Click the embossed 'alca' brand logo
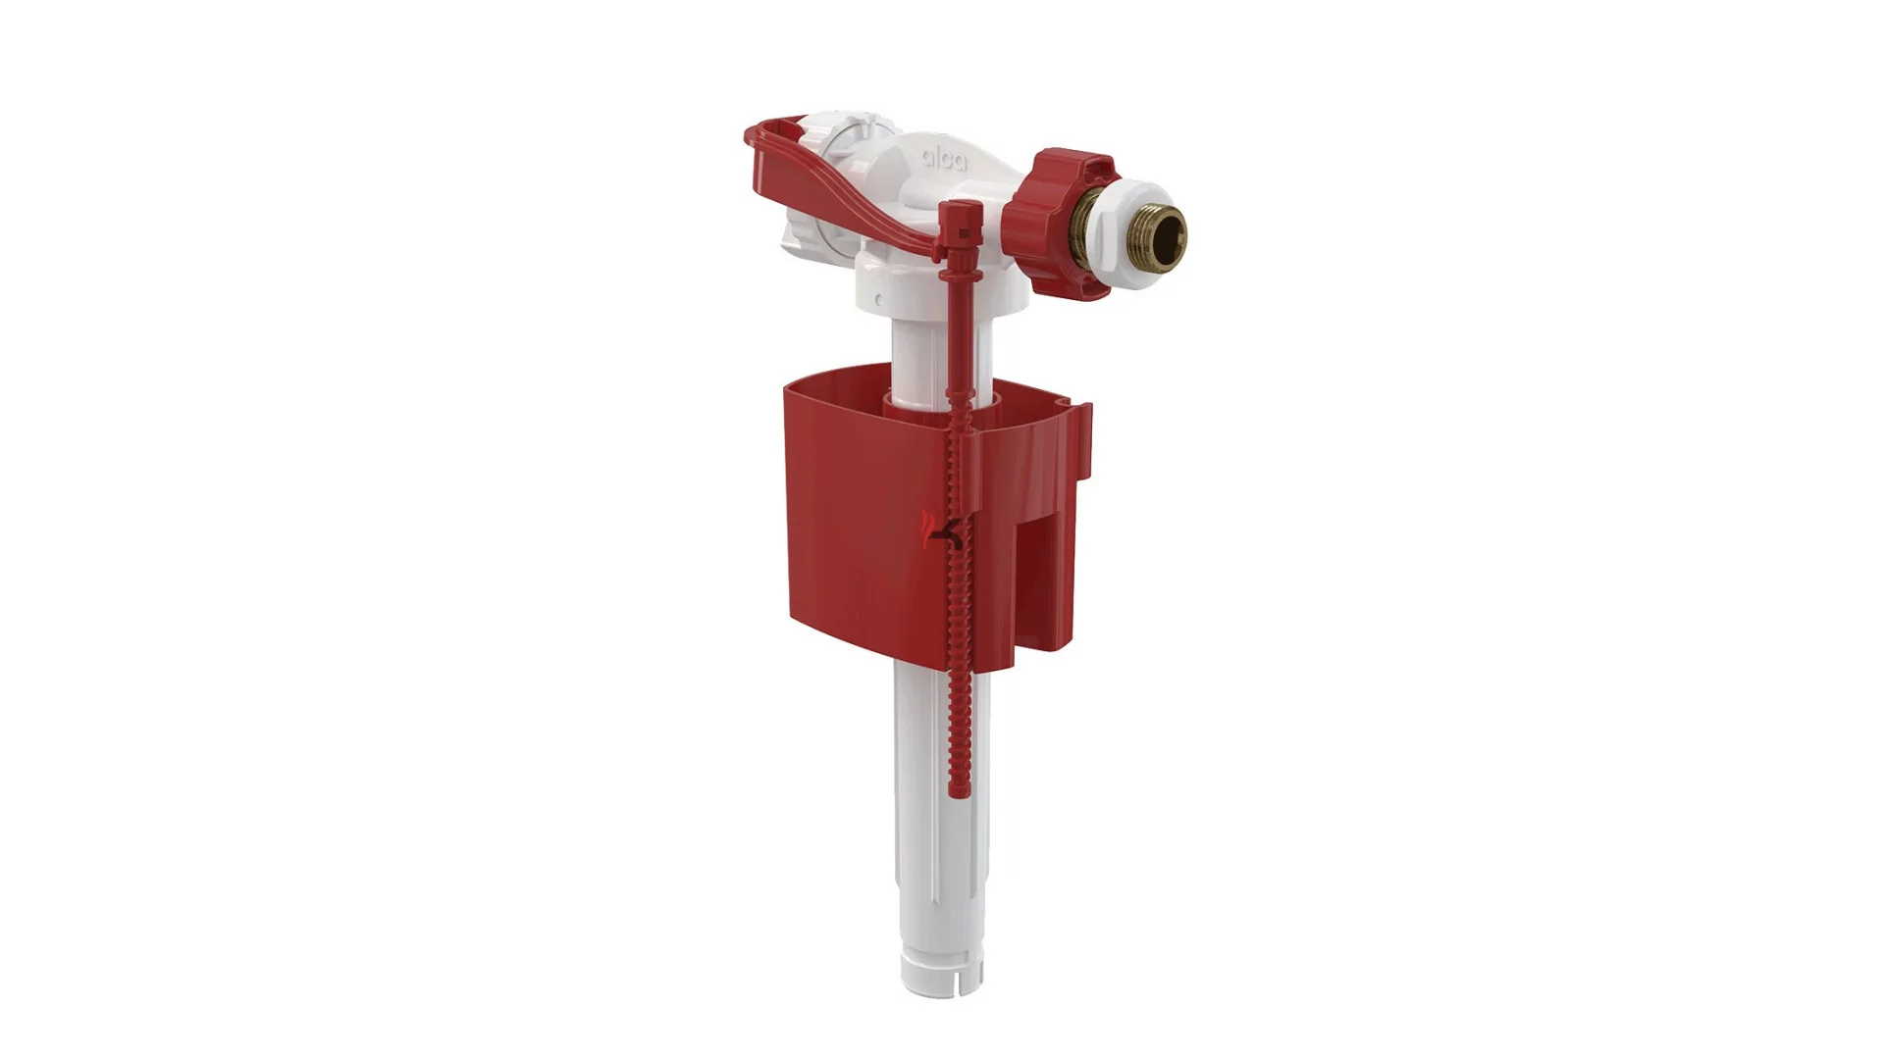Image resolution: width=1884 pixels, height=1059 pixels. click(943, 158)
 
